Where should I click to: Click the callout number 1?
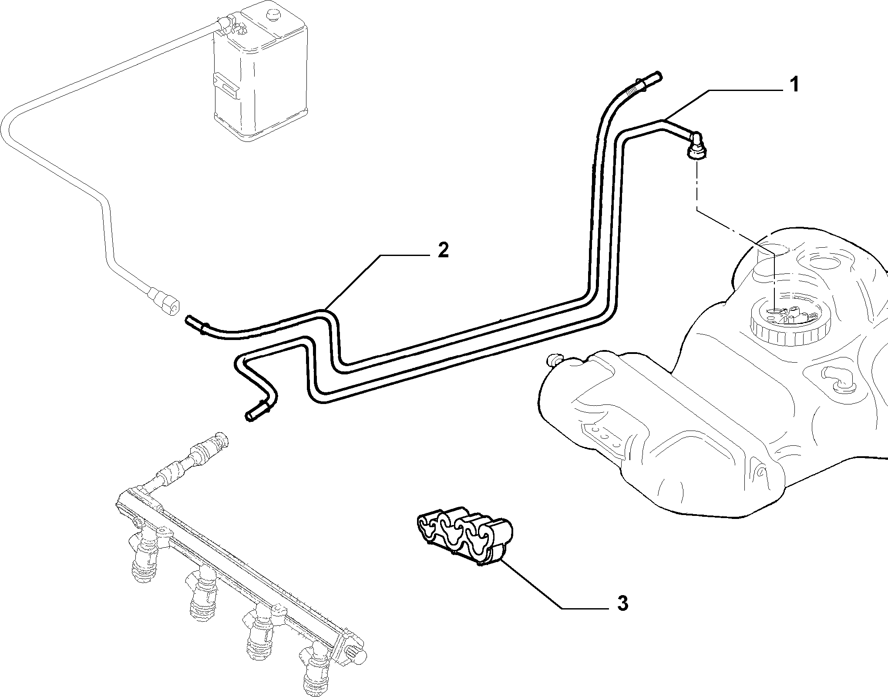point(794,84)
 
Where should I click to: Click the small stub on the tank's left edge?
point(554,360)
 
